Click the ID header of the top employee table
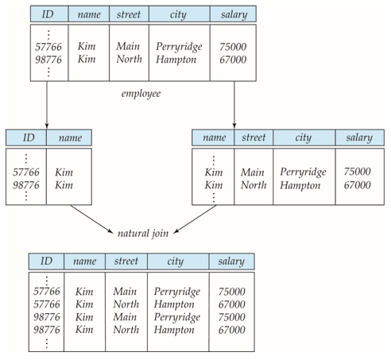click(x=48, y=14)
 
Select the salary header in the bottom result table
click(x=232, y=261)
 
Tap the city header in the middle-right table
click(x=303, y=137)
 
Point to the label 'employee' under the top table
click(x=141, y=94)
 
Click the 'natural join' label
click(x=144, y=233)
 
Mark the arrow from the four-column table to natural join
click(x=194, y=220)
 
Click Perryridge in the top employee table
click(x=179, y=47)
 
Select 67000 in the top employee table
click(x=233, y=60)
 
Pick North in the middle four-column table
click(x=253, y=185)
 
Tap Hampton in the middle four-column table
click(x=300, y=185)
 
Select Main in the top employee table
click(x=127, y=47)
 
